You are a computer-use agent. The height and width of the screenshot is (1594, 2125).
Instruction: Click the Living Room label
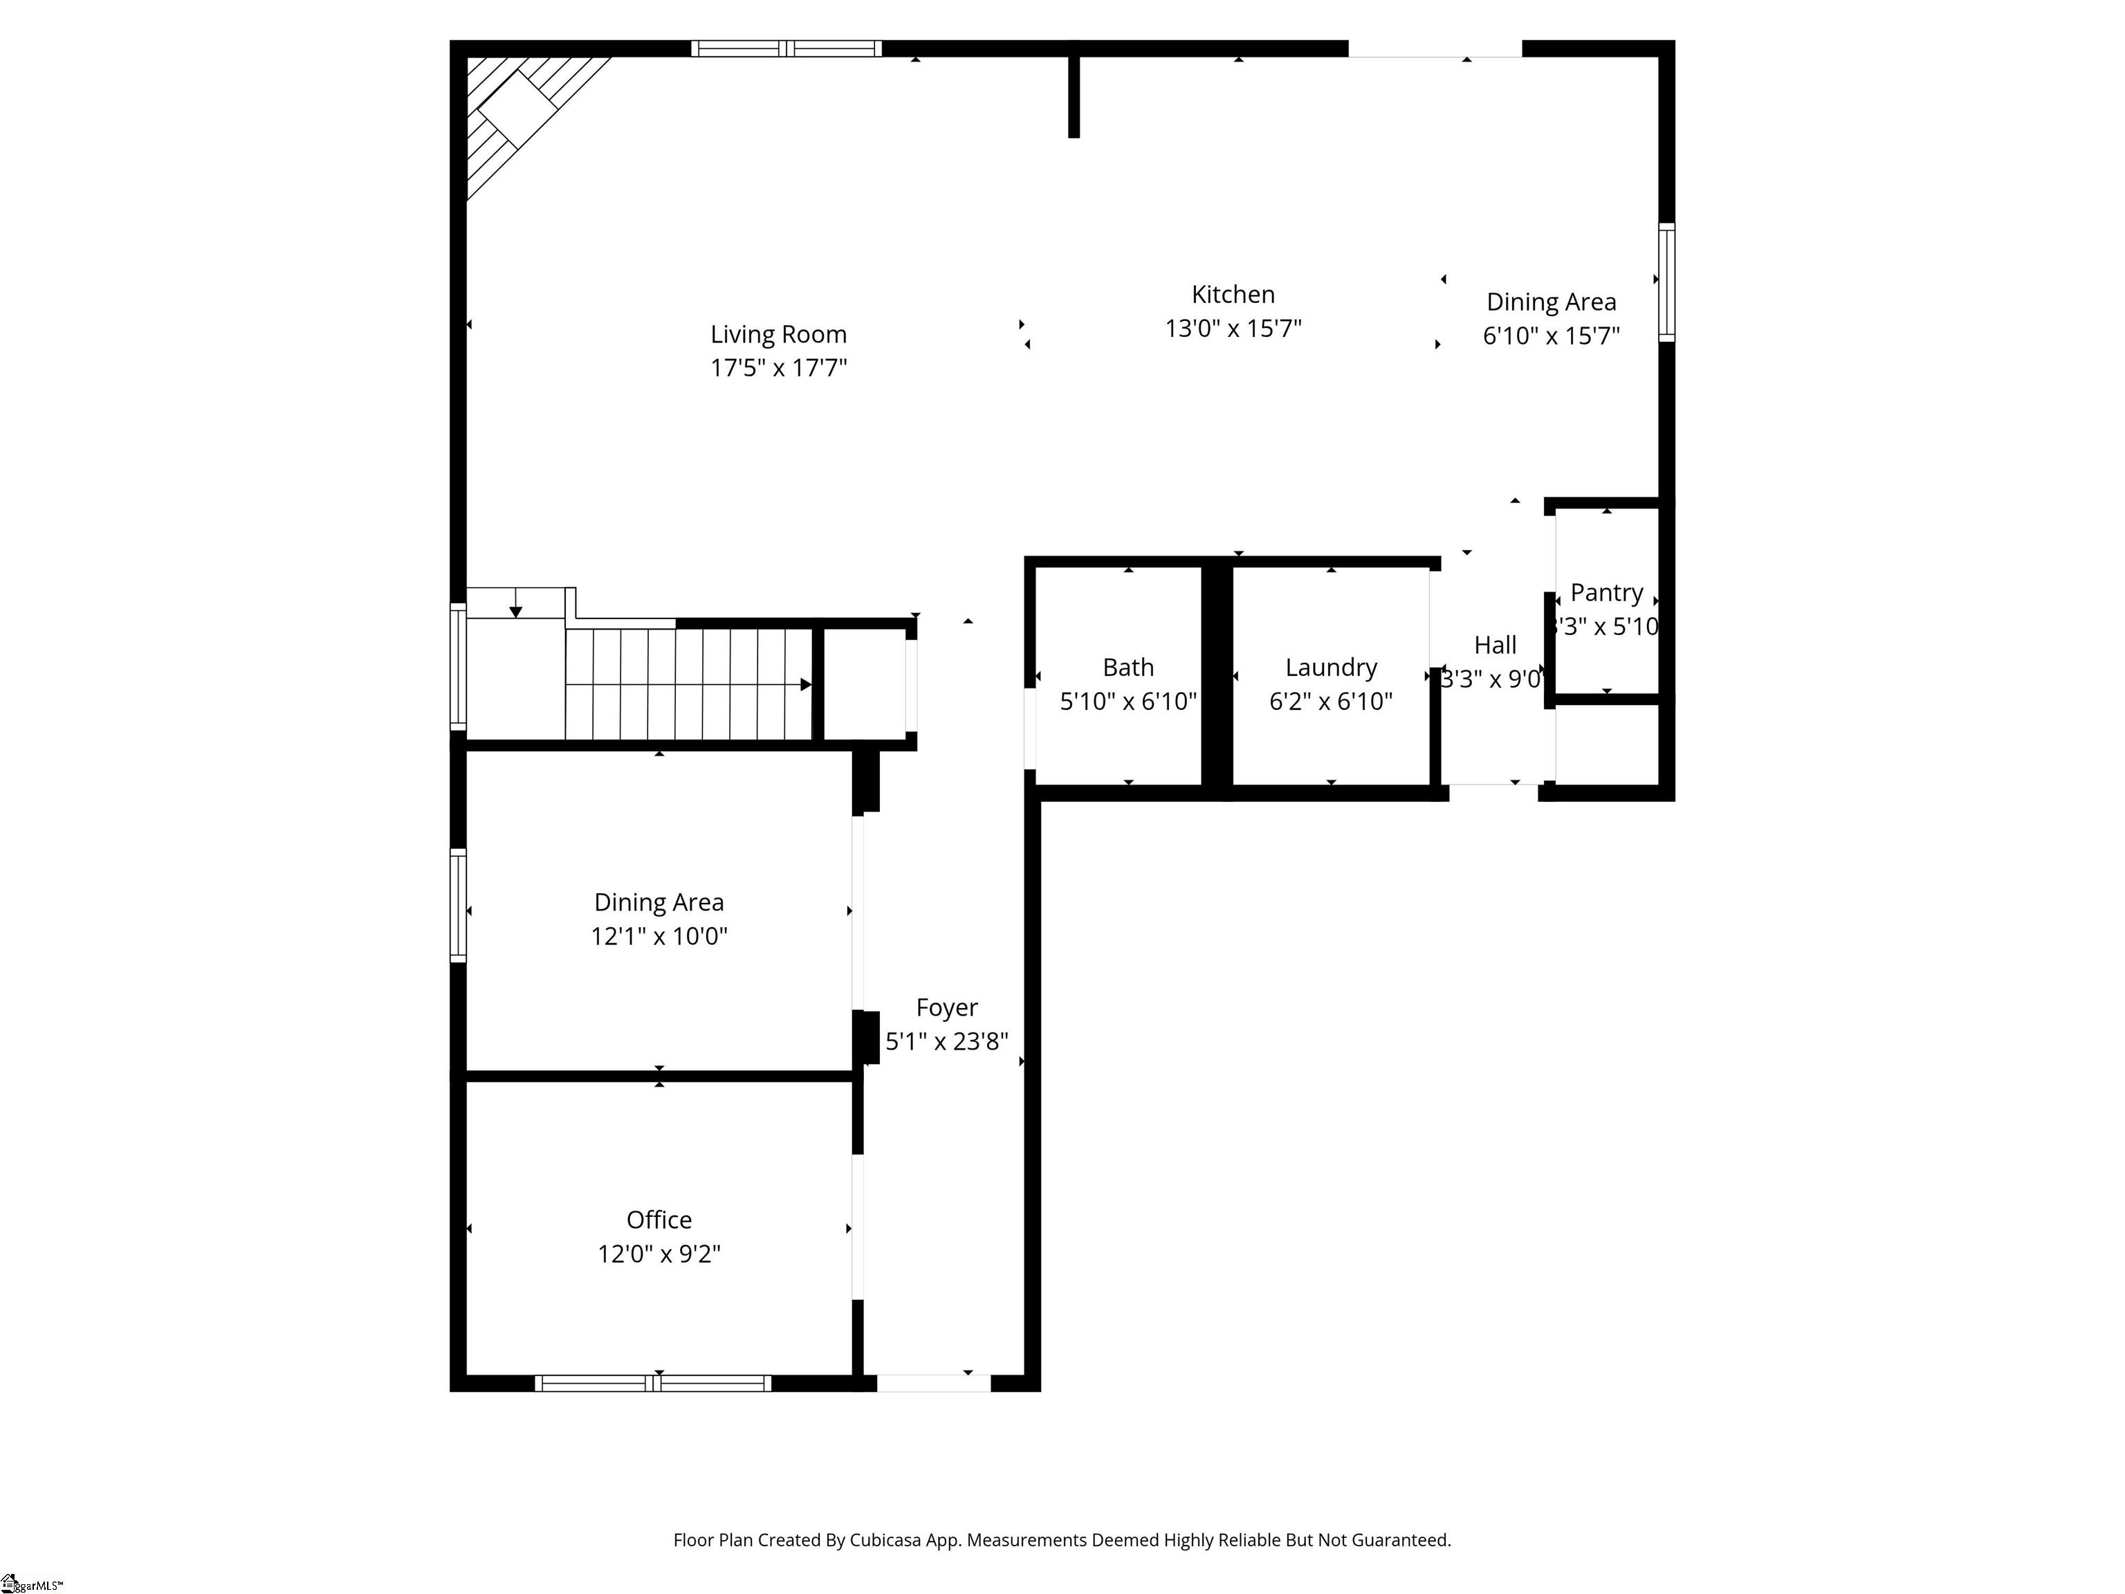[x=778, y=334]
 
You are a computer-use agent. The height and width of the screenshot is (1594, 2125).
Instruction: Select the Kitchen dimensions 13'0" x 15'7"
[x=1233, y=329]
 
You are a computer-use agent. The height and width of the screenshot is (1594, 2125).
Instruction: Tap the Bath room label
[x=1128, y=667]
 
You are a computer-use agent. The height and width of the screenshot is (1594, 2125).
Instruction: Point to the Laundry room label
[x=1330, y=667]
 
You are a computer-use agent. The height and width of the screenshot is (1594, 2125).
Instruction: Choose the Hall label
[x=1495, y=645]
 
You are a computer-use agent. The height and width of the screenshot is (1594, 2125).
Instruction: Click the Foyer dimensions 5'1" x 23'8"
[x=946, y=1041]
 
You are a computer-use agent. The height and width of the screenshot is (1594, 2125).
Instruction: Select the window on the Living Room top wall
[x=786, y=48]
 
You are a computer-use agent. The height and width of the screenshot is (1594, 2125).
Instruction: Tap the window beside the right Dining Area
[x=1667, y=282]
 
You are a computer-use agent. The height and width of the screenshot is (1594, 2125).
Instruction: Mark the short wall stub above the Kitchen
[x=1074, y=96]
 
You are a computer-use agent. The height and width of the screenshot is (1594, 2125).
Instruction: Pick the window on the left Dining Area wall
[x=458, y=905]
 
